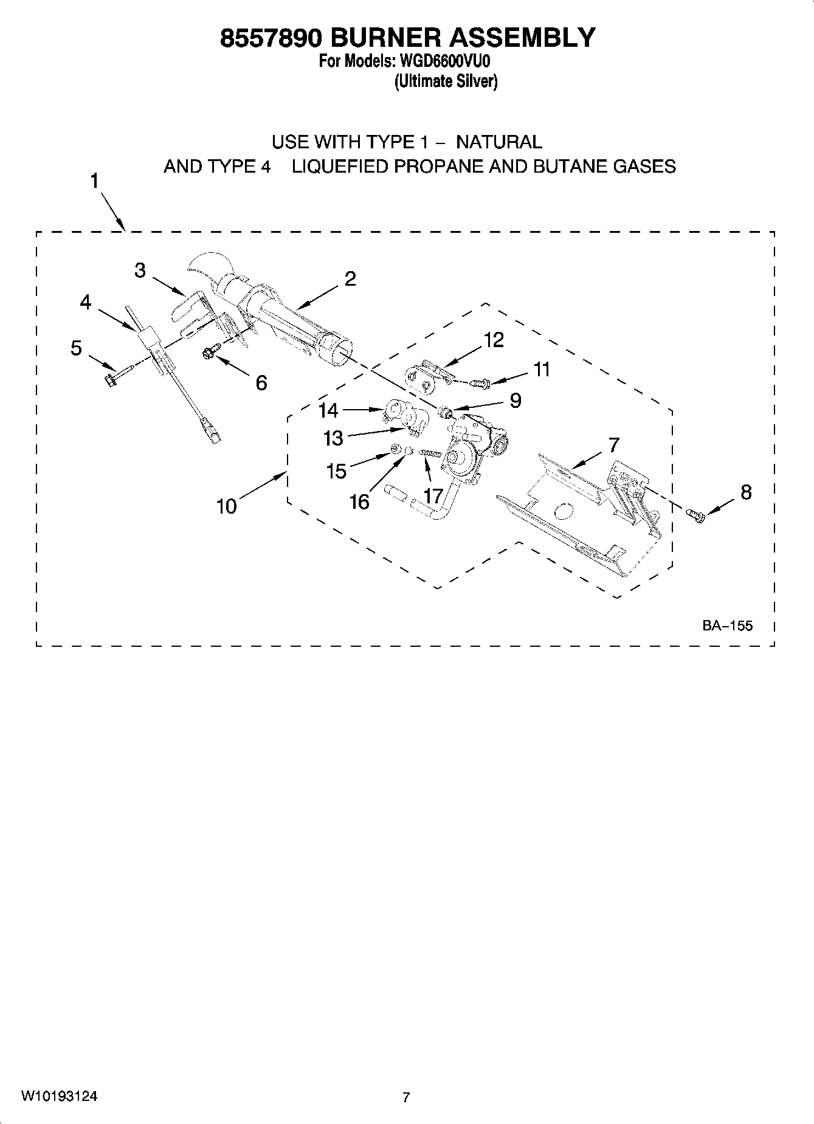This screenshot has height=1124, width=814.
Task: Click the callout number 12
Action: coord(494,340)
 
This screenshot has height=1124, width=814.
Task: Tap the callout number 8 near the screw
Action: coord(746,492)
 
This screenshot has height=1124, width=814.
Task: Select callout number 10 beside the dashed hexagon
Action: coord(226,506)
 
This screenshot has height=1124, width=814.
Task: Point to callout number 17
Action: coord(433,496)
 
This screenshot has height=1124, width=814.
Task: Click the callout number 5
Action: coord(76,348)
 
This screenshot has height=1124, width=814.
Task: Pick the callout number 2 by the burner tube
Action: coord(350,279)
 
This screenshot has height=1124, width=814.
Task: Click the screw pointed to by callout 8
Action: coord(696,515)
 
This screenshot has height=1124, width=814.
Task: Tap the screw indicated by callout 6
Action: coord(209,351)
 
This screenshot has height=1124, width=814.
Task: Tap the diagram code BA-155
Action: coord(727,625)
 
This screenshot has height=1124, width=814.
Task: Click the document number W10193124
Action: coord(60,1095)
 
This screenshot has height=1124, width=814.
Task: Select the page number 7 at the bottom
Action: coord(406,1097)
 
